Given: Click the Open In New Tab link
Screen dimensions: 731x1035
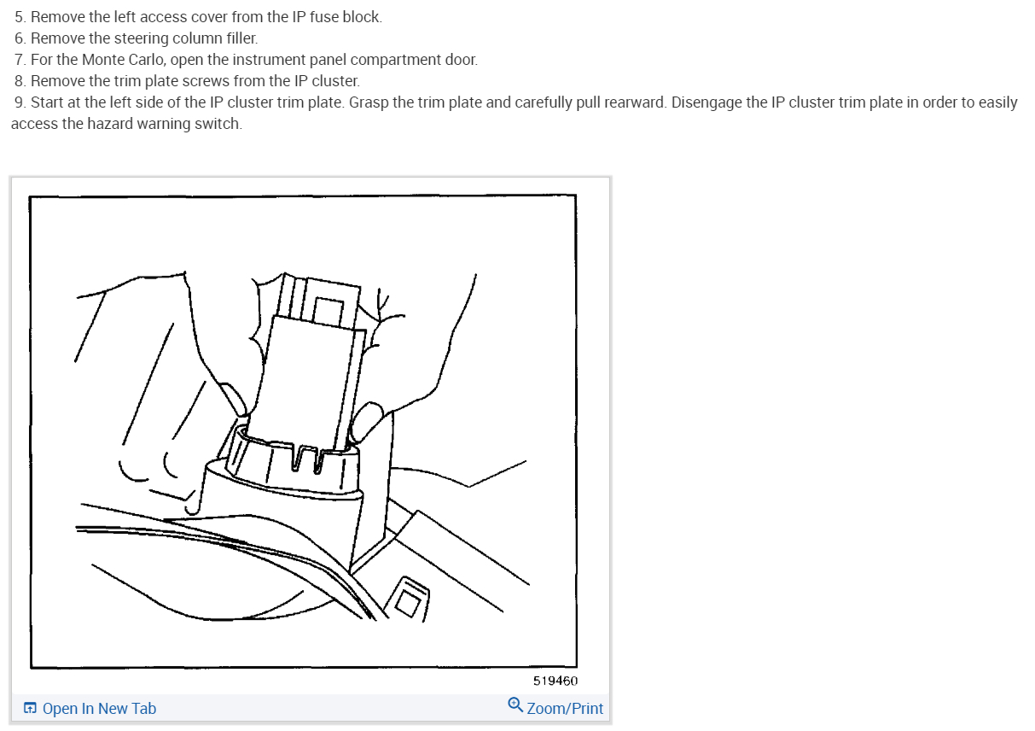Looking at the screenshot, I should (99, 709).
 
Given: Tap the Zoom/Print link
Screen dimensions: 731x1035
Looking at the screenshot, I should (565, 708).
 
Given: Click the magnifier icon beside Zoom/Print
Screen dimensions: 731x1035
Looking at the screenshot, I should (515, 705).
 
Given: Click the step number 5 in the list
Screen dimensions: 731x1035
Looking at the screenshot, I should (19, 17).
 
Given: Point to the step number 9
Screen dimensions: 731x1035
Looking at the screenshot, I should (19, 102).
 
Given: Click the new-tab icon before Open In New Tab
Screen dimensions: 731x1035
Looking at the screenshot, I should (30, 709).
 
